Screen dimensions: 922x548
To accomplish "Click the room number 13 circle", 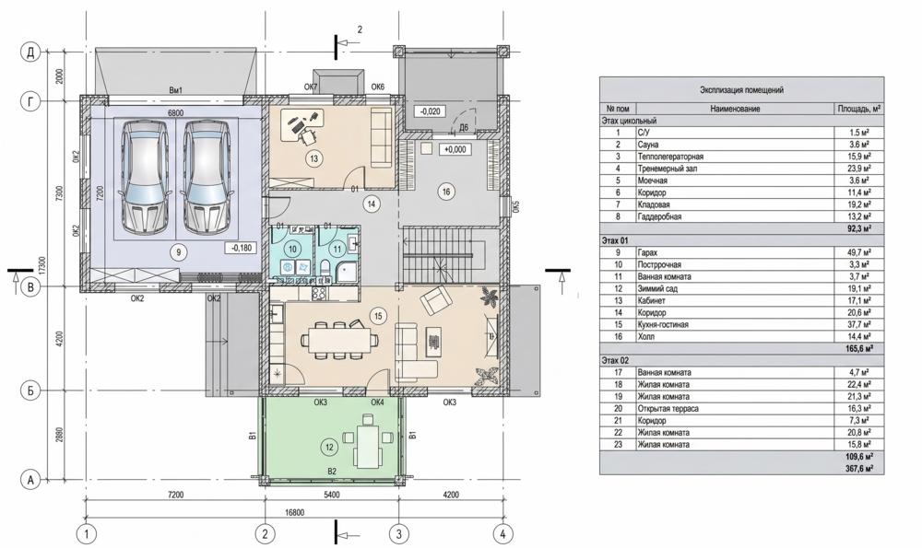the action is pos(313,158).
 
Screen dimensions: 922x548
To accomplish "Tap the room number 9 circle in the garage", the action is pos(178,252).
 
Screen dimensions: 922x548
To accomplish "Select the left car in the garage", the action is pos(143,175).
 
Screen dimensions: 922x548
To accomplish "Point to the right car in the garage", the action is pos(206,175).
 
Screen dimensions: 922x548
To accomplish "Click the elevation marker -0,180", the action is pos(241,248).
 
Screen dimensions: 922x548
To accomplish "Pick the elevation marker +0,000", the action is pos(455,150).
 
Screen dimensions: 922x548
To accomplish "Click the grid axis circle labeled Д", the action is pos(30,52).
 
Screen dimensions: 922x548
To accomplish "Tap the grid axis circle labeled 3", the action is pos(399,534).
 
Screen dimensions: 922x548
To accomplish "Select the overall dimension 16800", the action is pos(294,512).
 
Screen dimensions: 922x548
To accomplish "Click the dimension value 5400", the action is pos(331,495).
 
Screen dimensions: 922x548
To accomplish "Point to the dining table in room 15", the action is pos(337,340).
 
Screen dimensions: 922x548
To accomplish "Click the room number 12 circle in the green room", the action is pos(329,448).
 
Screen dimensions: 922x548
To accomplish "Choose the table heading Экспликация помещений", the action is pos(741,90).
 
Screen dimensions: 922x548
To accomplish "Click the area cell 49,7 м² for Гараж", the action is pos(858,252).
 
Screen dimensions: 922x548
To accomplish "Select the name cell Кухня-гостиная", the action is pos(663,325).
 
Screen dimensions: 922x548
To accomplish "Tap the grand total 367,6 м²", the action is pos(859,468).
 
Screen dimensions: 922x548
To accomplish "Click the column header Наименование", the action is pos(735,109).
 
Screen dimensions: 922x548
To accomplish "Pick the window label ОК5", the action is pos(517,206).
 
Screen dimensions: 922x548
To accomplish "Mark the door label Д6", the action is pos(464,127).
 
